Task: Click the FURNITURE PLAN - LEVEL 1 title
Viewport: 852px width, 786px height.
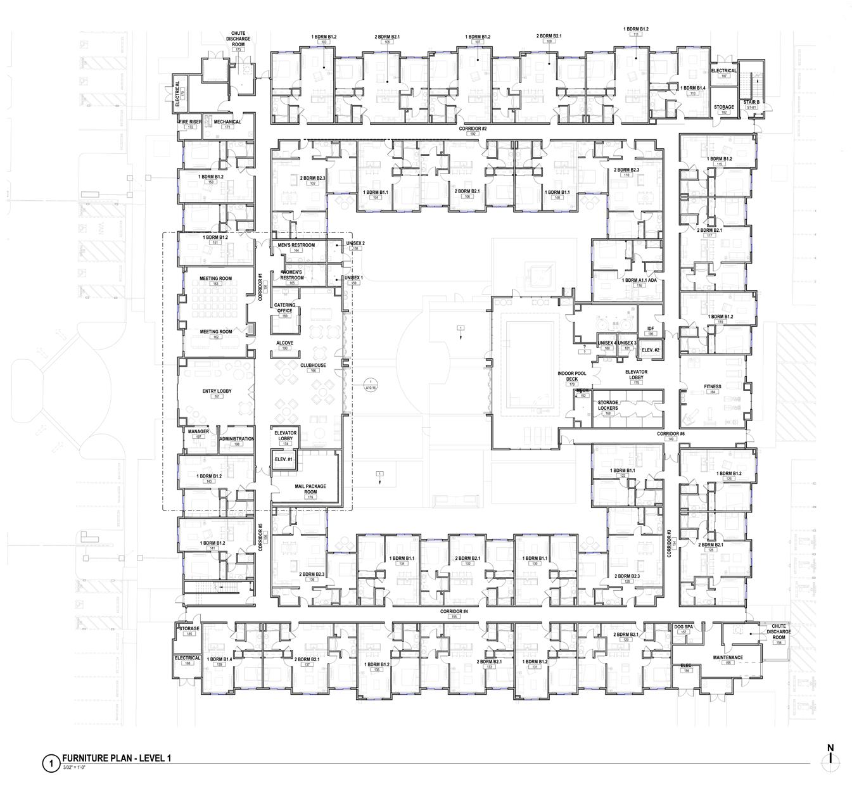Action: click(x=117, y=758)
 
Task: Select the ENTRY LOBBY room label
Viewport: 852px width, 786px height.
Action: click(x=216, y=391)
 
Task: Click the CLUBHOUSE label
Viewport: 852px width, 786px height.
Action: click(x=313, y=365)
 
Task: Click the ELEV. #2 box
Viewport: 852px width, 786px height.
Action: click(x=651, y=350)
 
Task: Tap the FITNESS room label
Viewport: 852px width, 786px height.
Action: click(x=713, y=386)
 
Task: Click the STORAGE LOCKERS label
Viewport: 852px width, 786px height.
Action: click(x=608, y=405)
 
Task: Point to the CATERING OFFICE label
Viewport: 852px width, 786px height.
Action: click(x=284, y=308)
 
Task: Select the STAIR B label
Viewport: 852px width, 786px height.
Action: click(x=751, y=102)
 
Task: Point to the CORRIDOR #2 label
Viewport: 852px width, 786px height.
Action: click(x=472, y=129)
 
